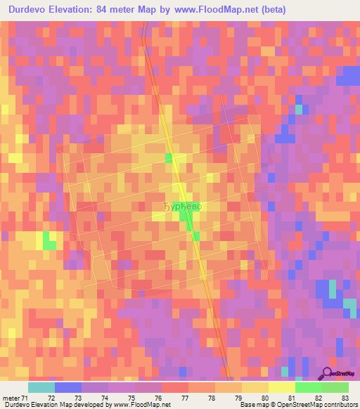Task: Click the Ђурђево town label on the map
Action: tap(182, 207)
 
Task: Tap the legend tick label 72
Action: tap(51, 398)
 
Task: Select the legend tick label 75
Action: tap(131, 398)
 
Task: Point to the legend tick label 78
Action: tap(211, 398)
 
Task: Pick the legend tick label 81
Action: tap(291, 398)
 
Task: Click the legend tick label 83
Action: tap(345, 398)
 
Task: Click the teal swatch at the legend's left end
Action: tap(41, 387)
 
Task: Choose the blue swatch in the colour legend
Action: tap(68, 387)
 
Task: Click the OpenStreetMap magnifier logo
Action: tap(328, 372)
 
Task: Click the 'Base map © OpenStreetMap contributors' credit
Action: tap(297, 405)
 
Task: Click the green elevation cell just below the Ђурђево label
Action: tap(187, 222)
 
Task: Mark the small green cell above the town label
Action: tap(169, 157)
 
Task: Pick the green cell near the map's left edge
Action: tap(49, 242)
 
